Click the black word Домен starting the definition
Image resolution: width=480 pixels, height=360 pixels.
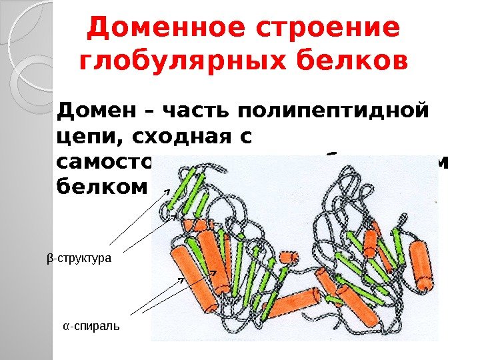click(x=95, y=109)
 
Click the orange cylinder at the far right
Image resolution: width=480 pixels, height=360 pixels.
click(x=420, y=265)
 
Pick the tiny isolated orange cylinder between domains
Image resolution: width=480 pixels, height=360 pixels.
click(x=289, y=257)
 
